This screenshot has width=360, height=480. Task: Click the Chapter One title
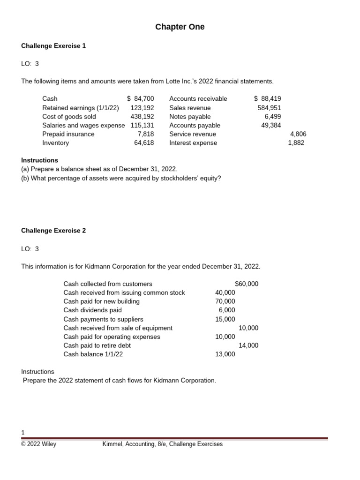[x=180, y=27]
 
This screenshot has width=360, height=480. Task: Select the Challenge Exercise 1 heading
[x=53, y=46]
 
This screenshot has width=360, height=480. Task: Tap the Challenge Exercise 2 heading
[x=53, y=231]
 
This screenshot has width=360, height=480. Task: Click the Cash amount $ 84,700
[x=140, y=99]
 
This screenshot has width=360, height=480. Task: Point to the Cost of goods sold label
[x=69, y=117]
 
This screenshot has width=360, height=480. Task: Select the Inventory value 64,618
[x=144, y=143]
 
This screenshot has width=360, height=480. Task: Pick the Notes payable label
[x=190, y=117]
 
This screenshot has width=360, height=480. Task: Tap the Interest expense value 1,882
[x=296, y=143]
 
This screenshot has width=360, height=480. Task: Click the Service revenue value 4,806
[x=298, y=134]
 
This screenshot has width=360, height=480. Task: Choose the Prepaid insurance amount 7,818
[x=145, y=134]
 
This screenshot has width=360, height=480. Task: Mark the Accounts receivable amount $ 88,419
[x=267, y=99]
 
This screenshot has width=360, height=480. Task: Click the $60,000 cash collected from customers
[x=246, y=284]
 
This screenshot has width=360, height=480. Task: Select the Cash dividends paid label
[x=92, y=310]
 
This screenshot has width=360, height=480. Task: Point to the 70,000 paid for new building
[x=225, y=301]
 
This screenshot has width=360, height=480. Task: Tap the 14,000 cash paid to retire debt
[x=248, y=345]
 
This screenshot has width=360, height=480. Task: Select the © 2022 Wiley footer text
[x=38, y=444]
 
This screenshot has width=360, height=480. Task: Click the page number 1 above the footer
[x=23, y=432]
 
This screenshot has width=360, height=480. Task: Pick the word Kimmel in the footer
[x=112, y=444]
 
